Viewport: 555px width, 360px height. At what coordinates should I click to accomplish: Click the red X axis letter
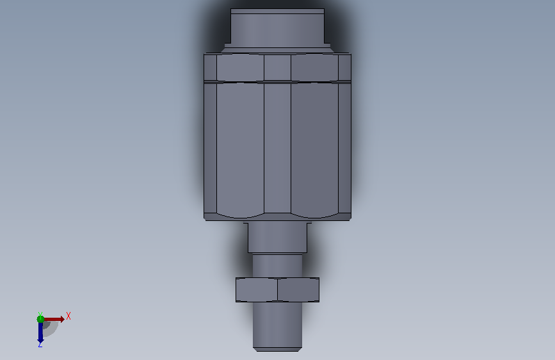[x=68, y=316]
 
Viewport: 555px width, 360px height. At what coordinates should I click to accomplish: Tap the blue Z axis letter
[x=40, y=344]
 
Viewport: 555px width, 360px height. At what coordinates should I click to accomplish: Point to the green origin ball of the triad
[x=40, y=319]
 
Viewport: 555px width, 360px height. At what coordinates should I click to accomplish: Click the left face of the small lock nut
[x=257, y=290]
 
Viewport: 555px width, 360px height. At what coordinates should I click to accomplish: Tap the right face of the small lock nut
[x=298, y=290]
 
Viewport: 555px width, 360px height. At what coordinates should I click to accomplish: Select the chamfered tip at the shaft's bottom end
[x=278, y=350]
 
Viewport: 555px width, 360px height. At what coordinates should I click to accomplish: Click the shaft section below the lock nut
[x=278, y=325]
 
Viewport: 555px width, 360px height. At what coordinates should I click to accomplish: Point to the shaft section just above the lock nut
[x=278, y=266]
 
